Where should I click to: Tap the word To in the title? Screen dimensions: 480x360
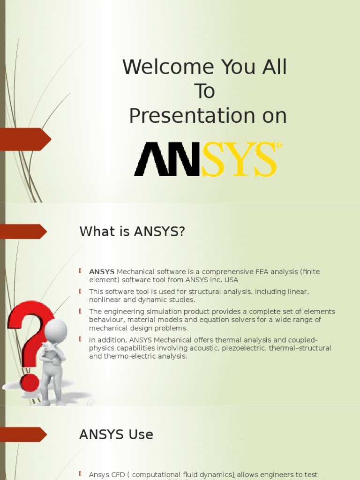(204, 91)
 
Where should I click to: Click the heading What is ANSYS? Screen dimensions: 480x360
(132, 232)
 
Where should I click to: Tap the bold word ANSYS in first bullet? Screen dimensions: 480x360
(102, 272)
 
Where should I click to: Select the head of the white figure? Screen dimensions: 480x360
(56, 331)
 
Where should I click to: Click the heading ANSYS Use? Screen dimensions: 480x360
(116, 435)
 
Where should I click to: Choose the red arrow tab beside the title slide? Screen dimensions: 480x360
(26, 139)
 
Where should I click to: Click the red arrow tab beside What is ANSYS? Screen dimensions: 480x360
(23, 232)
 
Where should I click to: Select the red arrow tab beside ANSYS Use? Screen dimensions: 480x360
(23, 435)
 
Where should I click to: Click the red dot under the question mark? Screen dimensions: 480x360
(30, 382)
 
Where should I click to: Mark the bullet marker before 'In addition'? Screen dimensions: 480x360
(80, 339)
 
